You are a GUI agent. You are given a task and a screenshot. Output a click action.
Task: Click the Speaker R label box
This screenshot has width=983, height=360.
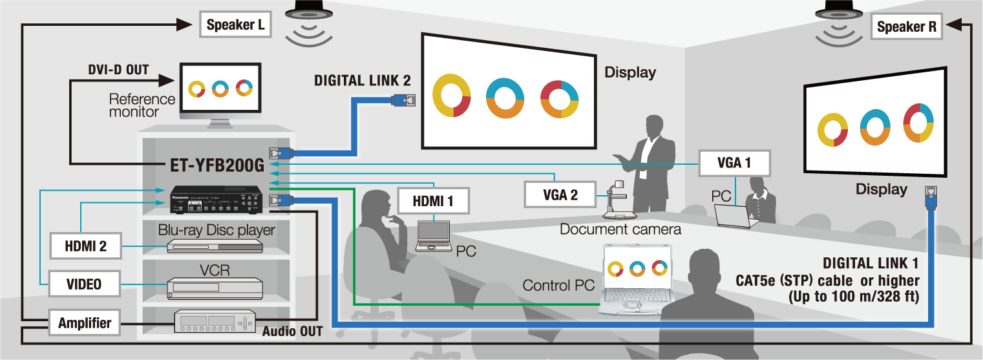click(907, 27)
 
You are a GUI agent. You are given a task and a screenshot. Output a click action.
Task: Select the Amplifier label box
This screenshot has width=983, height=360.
click(85, 323)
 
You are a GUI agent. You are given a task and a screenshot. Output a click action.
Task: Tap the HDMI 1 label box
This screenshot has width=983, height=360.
click(432, 201)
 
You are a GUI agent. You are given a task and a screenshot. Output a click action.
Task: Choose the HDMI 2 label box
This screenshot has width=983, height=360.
click(85, 246)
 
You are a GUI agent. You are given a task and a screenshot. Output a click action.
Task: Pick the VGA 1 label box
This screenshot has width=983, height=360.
click(734, 164)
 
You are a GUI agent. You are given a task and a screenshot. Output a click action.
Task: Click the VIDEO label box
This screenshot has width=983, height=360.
click(85, 284)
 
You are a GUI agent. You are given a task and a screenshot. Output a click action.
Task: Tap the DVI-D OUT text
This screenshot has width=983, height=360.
click(118, 69)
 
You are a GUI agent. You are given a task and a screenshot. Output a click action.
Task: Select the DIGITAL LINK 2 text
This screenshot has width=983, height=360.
click(362, 81)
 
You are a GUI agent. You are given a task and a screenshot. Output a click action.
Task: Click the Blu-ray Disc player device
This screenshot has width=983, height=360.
click(215, 246)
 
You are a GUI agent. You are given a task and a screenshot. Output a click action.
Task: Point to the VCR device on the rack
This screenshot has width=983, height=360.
click(215, 288)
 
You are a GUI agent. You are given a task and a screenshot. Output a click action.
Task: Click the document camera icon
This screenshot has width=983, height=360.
click(619, 200)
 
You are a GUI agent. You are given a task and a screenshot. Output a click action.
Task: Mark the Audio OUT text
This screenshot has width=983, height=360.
click(292, 332)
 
